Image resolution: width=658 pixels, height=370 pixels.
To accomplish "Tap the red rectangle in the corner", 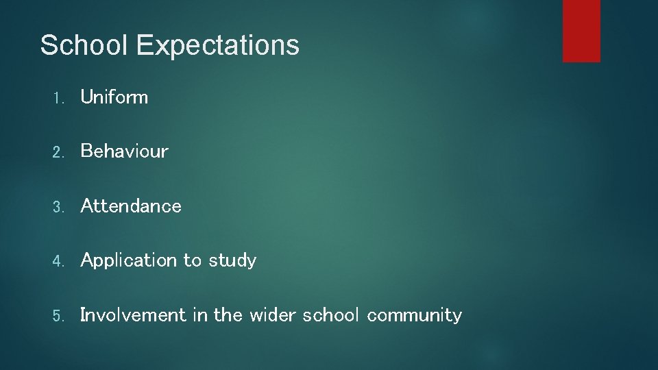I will pos(581,31).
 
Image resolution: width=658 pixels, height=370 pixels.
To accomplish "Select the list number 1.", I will pos(58,98).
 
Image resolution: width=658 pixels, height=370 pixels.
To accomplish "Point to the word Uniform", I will pos(114,97).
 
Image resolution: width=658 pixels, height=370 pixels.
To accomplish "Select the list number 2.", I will pos(58,152).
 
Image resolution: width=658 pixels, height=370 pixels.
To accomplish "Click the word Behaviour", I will pos(124,151).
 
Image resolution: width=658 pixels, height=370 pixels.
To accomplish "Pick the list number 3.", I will pos(58,207).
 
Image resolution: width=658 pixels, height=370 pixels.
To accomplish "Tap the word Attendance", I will pos(131,206).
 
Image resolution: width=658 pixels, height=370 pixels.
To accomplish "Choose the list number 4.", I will pos(58,261).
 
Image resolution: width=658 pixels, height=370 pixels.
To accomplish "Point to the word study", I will pos(232,261).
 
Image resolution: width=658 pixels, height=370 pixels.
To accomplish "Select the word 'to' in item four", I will pos(193,261).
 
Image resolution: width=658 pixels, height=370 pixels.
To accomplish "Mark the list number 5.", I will pos(58,316).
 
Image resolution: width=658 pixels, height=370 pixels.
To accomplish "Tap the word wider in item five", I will pos(273,315).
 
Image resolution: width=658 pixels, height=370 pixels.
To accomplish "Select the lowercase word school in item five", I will pos(330,315).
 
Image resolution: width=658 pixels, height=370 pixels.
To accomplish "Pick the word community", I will pos(414,316).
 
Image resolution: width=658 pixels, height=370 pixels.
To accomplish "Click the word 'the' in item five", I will pos(228,315).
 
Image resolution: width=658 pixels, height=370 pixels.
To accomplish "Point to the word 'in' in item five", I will pos(199,315).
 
